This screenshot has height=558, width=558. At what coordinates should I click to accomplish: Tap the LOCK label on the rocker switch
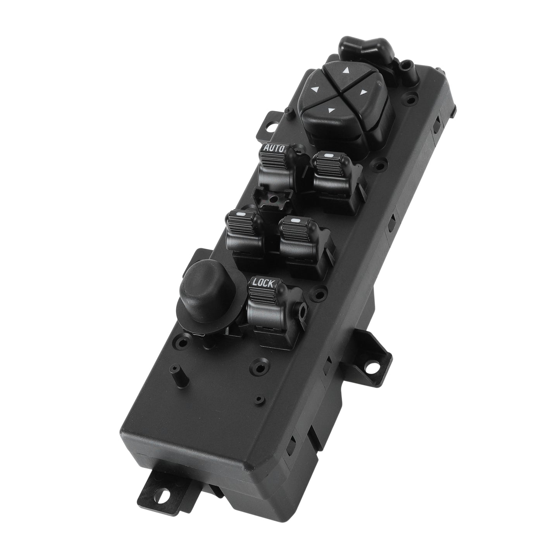click(x=263, y=283)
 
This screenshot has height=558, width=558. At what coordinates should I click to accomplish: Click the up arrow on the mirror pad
click(x=345, y=70)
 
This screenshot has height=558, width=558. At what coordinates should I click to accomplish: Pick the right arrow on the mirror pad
click(x=364, y=92)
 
